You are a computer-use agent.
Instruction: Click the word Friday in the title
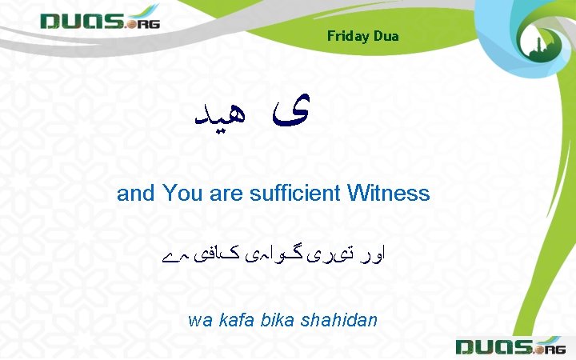tap(346, 36)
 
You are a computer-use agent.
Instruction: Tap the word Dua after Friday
tap(386, 36)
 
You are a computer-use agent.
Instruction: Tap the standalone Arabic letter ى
tap(286, 114)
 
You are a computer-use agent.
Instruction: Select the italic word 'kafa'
tap(231, 321)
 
